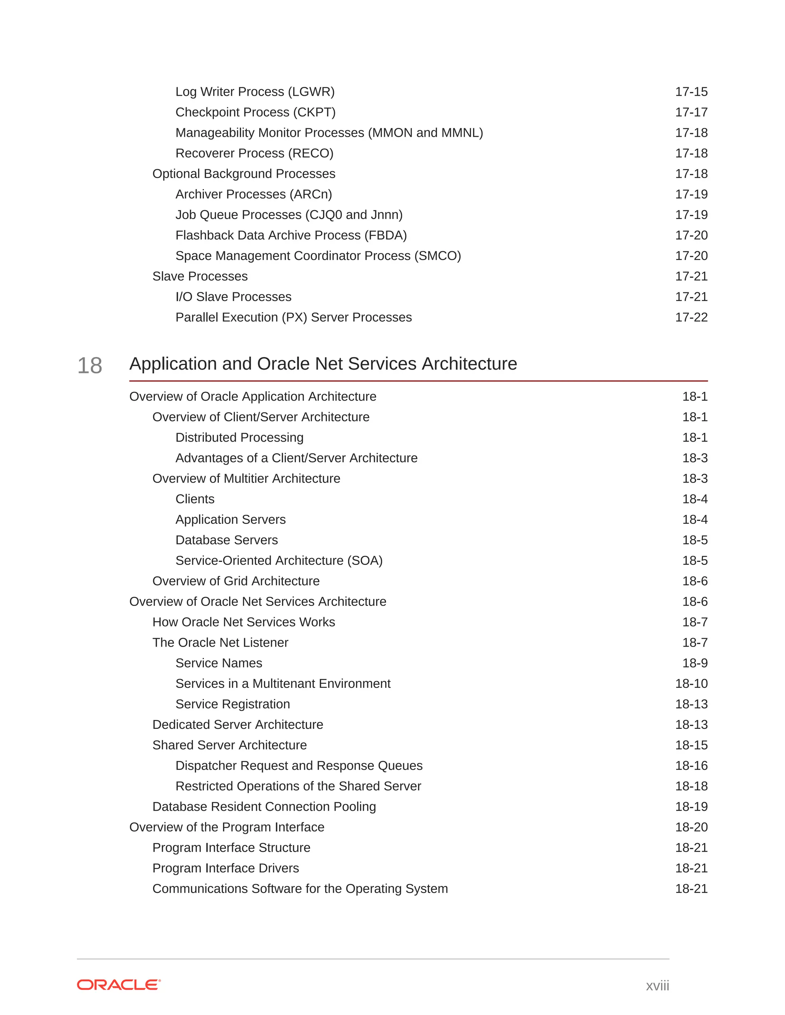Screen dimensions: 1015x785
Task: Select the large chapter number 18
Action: (90, 365)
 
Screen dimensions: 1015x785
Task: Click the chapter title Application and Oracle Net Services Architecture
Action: (323, 363)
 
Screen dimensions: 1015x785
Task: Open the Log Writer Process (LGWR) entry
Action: (255, 92)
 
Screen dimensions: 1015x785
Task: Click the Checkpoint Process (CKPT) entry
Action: (255, 112)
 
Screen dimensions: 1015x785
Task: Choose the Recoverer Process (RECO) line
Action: (255, 153)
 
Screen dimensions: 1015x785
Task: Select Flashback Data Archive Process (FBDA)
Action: (291, 235)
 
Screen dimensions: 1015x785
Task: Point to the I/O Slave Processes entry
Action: (233, 296)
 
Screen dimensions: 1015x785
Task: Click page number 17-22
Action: (691, 317)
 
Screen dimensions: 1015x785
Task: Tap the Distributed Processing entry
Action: (239, 437)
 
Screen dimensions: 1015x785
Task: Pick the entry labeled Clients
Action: (195, 499)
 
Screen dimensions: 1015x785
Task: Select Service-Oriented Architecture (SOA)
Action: (279, 560)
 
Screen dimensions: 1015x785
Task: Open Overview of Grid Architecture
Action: (236, 581)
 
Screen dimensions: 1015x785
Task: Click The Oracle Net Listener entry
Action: (220, 642)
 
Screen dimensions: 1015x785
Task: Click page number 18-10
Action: (691, 683)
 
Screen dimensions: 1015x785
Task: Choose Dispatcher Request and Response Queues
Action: (299, 765)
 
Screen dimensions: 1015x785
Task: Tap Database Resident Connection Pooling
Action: (264, 806)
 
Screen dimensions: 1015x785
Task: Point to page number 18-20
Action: (691, 827)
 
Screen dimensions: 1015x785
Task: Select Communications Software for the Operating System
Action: (300, 889)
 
